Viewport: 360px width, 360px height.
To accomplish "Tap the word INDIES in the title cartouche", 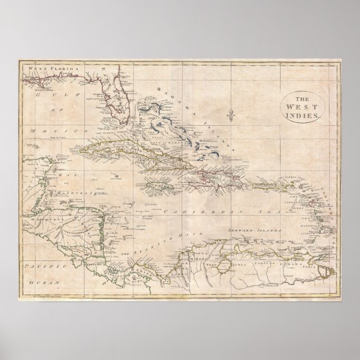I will coord(302,114).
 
